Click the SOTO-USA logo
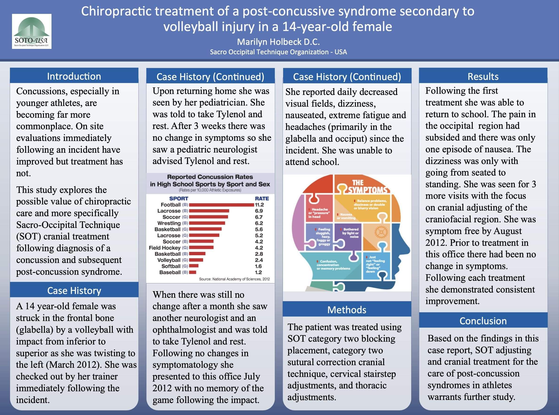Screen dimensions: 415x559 (x=32, y=31)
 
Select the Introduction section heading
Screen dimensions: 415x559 (x=74, y=76)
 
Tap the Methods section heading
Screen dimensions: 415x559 (x=347, y=310)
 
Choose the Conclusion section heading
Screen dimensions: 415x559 (x=483, y=321)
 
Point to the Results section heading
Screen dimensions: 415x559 (x=483, y=76)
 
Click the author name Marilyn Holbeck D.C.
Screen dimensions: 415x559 (x=278, y=42)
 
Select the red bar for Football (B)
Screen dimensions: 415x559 (x=221, y=205)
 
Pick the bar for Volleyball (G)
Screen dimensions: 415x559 (x=196, y=260)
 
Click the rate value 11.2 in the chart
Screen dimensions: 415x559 (x=259, y=205)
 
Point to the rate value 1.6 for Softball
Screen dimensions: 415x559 (x=258, y=266)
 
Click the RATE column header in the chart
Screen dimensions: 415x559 (x=262, y=199)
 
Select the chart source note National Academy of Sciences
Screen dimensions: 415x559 (x=234, y=279)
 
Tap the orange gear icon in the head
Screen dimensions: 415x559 (x=381, y=232)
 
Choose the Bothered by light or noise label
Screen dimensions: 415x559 (x=351, y=233)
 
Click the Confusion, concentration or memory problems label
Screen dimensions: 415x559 (x=333, y=265)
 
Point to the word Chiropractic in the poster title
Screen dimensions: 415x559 (x=116, y=12)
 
